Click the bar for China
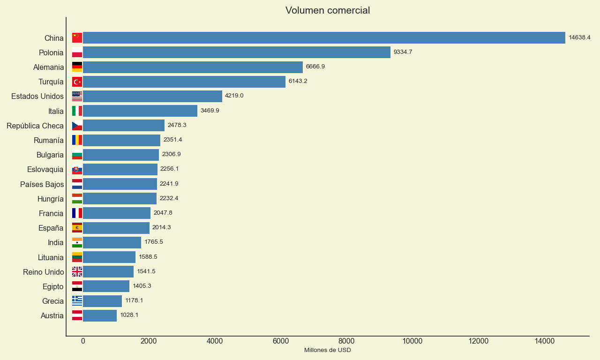point(324,37)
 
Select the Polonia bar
point(237,52)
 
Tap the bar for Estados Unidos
point(152,96)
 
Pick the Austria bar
point(100,315)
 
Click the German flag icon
point(77,67)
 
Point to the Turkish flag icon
point(77,82)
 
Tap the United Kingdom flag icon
point(77,271)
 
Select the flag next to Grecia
point(77,301)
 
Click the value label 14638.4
point(579,37)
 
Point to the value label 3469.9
point(210,111)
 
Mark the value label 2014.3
point(161,227)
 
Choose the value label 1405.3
point(142,286)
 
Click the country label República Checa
point(35,126)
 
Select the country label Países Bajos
point(42,184)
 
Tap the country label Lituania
point(51,257)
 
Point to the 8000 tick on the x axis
point(346,341)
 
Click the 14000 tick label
point(544,341)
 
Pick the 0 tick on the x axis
point(83,341)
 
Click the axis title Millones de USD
point(327,350)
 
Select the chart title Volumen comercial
point(327,10)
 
